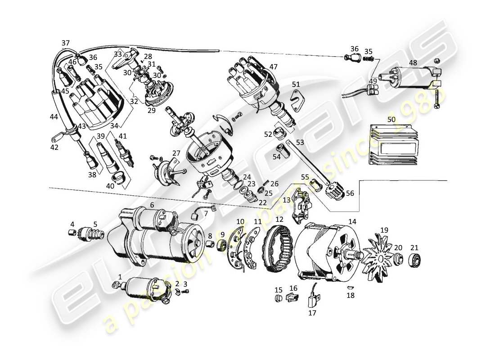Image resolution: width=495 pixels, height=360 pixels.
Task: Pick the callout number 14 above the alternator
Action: pyautogui.click(x=352, y=221)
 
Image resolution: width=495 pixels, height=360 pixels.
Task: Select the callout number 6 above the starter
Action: pyautogui.click(x=152, y=205)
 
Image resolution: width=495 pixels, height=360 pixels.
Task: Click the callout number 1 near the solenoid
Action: pyautogui.click(x=120, y=276)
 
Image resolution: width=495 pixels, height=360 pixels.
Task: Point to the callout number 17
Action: pyautogui.click(x=312, y=313)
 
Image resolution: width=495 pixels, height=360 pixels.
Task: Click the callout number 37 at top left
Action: pyautogui.click(x=66, y=43)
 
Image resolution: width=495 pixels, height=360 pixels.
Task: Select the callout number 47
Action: pyautogui.click(x=273, y=67)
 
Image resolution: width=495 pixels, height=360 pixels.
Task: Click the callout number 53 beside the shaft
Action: pyautogui.click(x=300, y=143)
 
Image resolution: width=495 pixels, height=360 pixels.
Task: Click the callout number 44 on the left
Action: pyautogui.click(x=54, y=117)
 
